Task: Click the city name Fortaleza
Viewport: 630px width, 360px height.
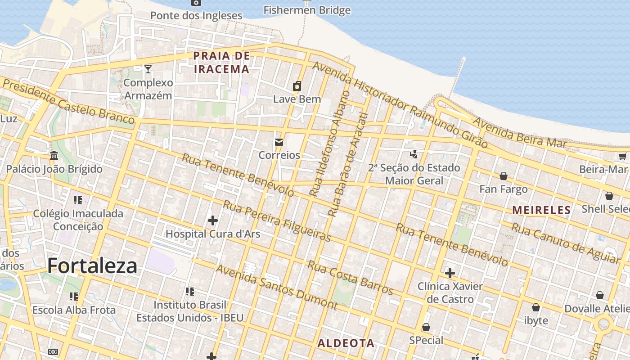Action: pyautogui.click(x=92, y=265)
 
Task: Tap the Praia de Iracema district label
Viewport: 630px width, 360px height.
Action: pyautogui.click(x=221, y=63)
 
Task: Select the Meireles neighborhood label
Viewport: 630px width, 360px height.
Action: pyautogui.click(x=541, y=210)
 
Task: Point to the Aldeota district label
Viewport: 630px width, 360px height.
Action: pyautogui.click(x=346, y=343)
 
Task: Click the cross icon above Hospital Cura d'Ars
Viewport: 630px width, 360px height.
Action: pyautogui.click(x=213, y=220)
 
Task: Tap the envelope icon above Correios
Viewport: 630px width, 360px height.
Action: pyautogui.click(x=279, y=142)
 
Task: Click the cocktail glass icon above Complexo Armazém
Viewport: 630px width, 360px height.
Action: pyautogui.click(x=148, y=69)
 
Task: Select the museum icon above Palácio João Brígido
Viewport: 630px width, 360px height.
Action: pyautogui.click(x=54, y=156)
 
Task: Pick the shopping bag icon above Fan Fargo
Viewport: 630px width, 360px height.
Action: pyautogui.click(x=504, y=176)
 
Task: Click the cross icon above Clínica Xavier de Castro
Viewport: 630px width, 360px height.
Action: pyautogui.click(x=450, y=273)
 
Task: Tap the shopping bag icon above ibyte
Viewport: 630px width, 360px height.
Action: pyautogui.click(x=536, y=307)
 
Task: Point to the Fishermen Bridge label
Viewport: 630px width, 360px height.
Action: pyautogui.click(x=307, y=10)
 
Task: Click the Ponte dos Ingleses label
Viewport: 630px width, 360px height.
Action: pyautogui.click(x=196, y=15)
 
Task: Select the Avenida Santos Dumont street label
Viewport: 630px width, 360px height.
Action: pyautogui.click(x=276, y=287)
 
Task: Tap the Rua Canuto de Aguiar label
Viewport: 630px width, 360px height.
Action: pyautogui.click(x=565, y=243)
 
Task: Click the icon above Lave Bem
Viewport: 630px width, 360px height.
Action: pyautogui.click(x=297, y=86)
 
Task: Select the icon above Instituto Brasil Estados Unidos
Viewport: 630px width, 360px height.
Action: pyautogui.click(x=190, y=292)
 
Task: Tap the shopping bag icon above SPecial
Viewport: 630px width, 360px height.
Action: pyautogui.click(x=426, y=327)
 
